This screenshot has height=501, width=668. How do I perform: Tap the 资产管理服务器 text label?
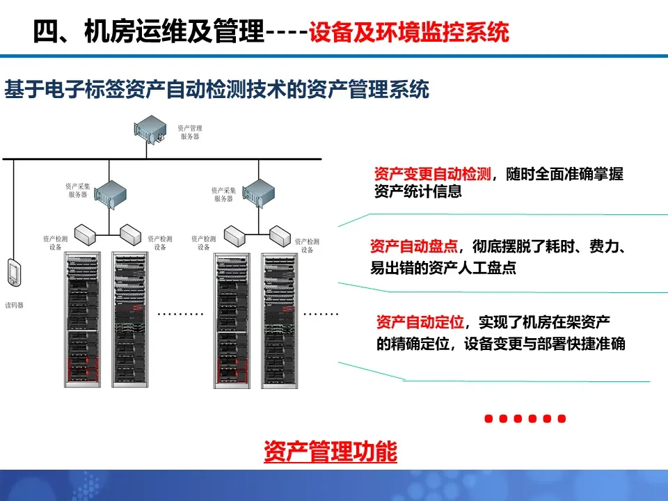pyautogui.click(x=189, y=132)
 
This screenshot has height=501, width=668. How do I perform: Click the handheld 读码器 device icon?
pyautogui.click(x=13, y=272)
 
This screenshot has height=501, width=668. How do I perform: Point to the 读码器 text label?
pyautogui.click(x=14, y=305)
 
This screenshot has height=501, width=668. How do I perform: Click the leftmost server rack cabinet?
pyautogui.click(x=82, y=320)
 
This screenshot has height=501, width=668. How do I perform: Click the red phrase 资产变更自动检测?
pyautogui.click(x=433, y=174)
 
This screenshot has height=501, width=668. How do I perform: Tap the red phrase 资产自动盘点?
pyautogui.click(x=414, y=246)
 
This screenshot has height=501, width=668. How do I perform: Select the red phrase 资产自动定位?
pyautogui.click(x=420, y=321)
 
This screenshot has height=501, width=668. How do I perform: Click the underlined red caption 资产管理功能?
pyautogui.click(x=330, y=452)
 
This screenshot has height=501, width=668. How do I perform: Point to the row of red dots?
pyautogui.click(x=525, y=419)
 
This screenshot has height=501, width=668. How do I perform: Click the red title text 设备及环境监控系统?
pyautogui.click(x=409, y=32)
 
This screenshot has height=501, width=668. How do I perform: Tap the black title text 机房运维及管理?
pyautogui.click(x=173, y=32)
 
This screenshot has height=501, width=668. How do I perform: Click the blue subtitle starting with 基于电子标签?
pyautogui.click(x=216, y=90)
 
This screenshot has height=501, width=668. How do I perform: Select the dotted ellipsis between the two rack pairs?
pyautogui.click(x=180, y=314)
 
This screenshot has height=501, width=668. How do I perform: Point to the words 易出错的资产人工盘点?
pyautogui.click(x=443, y=268)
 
